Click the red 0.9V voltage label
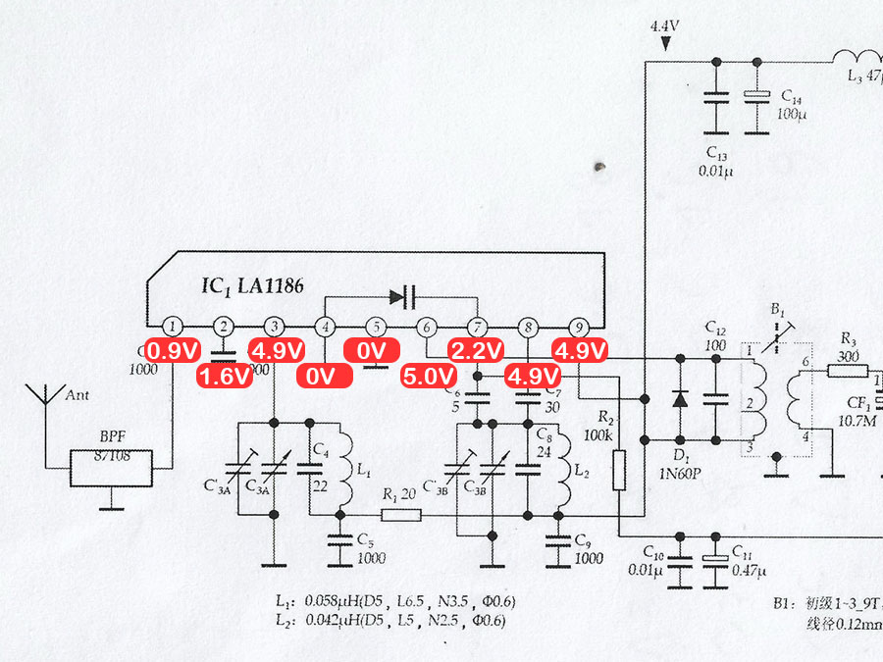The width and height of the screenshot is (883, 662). point(174,351)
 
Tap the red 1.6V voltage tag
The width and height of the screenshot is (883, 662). point(226,377)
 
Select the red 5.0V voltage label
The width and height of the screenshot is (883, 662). point(430,377)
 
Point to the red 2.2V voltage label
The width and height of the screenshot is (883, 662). point(478,351)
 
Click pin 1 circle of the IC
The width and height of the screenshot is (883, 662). point(173,328)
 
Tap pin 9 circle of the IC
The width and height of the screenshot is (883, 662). point(579,328)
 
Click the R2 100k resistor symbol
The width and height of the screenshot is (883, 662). point(619,470)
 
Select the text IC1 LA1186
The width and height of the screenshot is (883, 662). point(252,287)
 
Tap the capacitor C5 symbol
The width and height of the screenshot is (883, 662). point(341,541)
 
